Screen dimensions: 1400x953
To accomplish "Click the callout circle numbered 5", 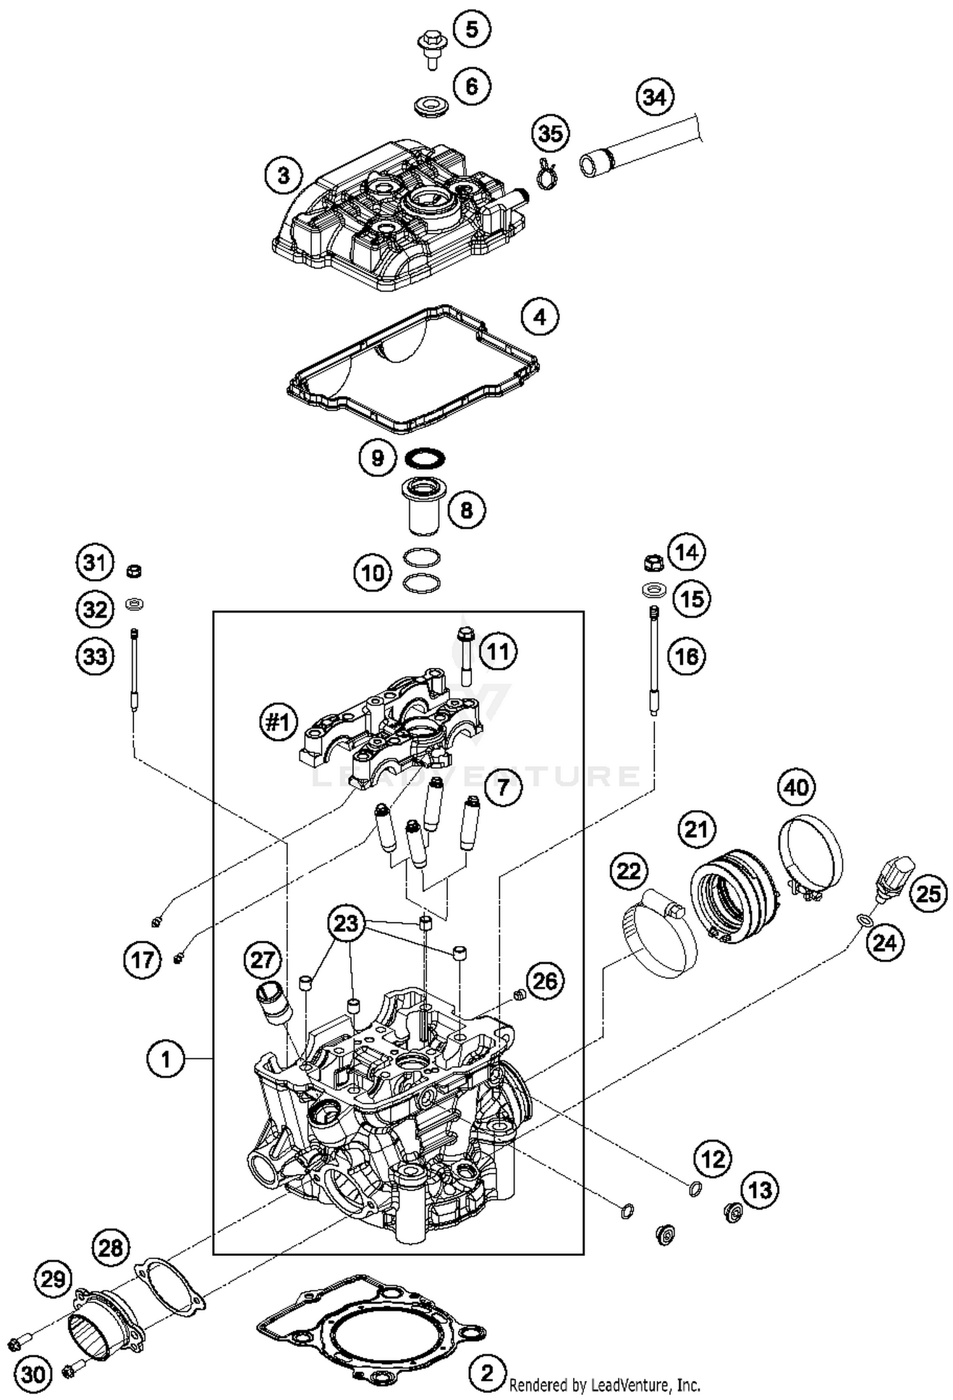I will (471, 29).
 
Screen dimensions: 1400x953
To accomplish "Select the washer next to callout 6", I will (429, 105).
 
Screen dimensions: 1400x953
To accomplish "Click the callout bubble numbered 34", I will (654, 97).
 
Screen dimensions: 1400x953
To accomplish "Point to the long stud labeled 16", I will (654, 660).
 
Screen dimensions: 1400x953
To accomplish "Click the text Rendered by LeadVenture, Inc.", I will (604, 1385).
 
